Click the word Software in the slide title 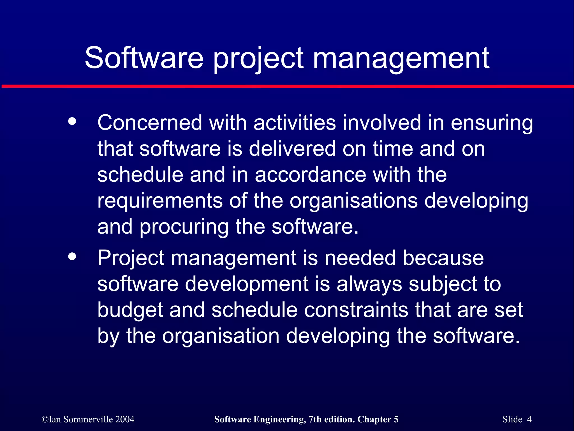[x=144, y=58]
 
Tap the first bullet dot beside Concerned [x=72, y=121]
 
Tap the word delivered [x=292, y=149]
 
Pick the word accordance [x=310, y=175]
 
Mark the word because [x=443, y=258]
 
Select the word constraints [x=356, y=310]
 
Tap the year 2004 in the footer [x=125, y=419]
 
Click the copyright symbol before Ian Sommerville [x=45, y=420]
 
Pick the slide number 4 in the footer [x=529, y=419]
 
